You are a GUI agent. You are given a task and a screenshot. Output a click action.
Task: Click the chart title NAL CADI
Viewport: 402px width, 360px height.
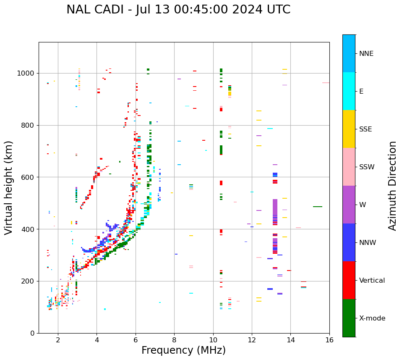178,10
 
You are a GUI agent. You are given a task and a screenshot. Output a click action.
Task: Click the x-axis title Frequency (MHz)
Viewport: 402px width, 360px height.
183,350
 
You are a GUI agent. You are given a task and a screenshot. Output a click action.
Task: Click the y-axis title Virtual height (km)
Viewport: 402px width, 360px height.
9,187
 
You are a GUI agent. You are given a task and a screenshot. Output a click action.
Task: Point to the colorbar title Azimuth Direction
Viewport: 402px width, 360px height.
392,185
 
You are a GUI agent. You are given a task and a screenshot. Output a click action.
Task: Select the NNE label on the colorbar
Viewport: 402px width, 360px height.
366,54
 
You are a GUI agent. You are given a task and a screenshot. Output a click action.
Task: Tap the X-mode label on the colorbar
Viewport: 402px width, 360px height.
372,318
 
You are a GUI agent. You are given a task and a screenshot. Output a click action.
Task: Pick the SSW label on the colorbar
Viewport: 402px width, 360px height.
367,167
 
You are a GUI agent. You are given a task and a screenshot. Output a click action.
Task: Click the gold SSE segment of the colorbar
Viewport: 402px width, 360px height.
349,129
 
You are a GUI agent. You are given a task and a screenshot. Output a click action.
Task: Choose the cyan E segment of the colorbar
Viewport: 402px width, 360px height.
349,91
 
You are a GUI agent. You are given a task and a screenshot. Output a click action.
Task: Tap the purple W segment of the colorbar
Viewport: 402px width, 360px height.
349,204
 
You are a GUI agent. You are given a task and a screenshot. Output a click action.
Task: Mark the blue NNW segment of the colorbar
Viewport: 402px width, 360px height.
349,242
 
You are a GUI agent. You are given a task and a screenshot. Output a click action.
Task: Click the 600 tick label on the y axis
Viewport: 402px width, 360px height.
28,177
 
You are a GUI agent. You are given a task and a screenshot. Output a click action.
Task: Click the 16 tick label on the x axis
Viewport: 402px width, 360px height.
329,340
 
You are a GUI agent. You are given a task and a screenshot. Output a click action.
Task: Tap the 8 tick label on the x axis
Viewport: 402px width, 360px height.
174,340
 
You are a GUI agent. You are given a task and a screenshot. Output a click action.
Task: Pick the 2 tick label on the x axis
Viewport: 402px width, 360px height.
58,340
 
